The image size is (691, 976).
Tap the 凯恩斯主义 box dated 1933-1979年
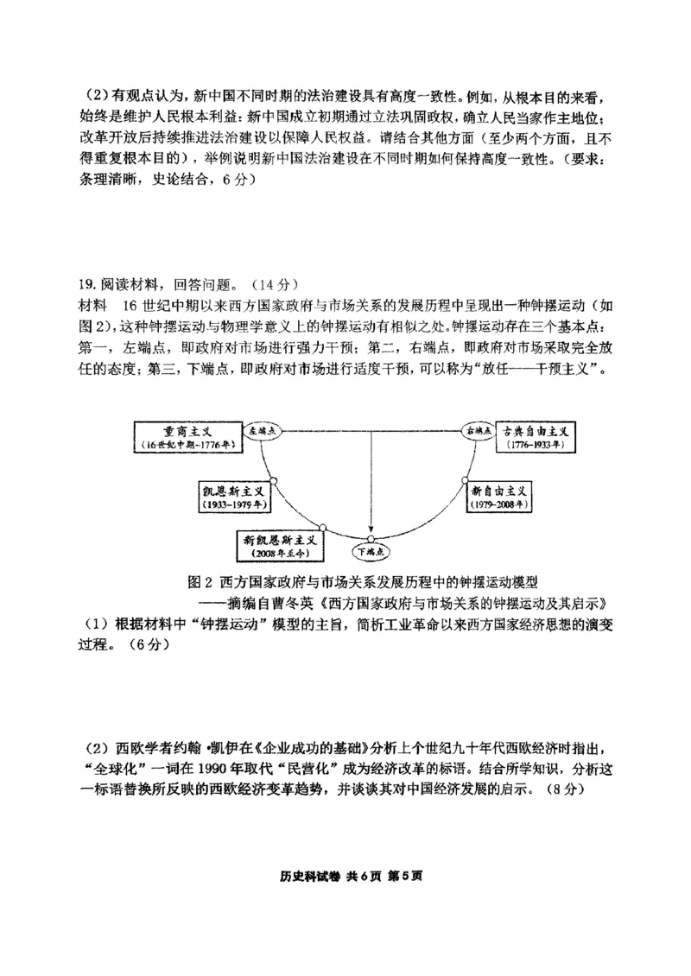pos(233,495)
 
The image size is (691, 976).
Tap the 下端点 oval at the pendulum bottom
pos(371,549)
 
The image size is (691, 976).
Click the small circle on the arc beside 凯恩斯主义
pos(273,480)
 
